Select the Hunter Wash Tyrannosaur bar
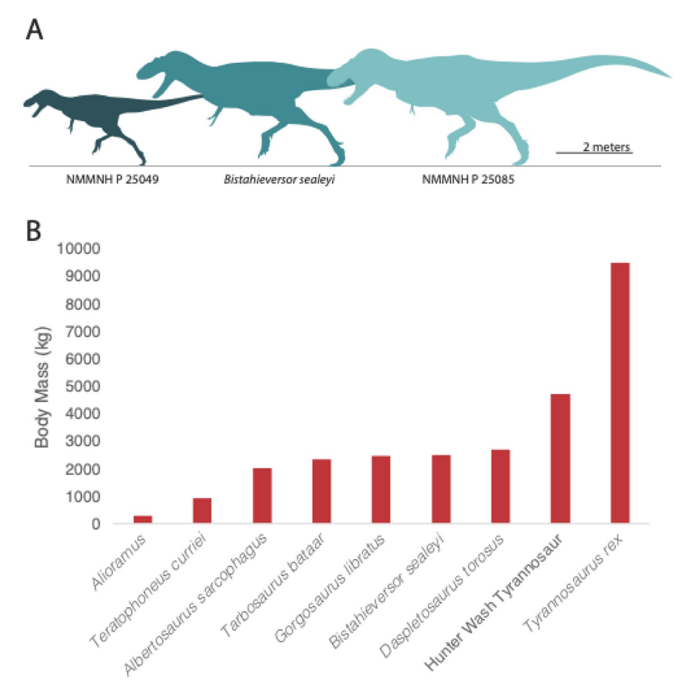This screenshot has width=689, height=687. point(560,459)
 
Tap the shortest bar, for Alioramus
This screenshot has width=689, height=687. point(143,519)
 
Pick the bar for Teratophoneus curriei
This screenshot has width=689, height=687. point(203,510)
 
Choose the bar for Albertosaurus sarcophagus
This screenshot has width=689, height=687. point(262,496)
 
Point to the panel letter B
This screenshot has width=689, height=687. point(34,230)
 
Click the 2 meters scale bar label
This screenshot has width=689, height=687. point(607,146)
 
